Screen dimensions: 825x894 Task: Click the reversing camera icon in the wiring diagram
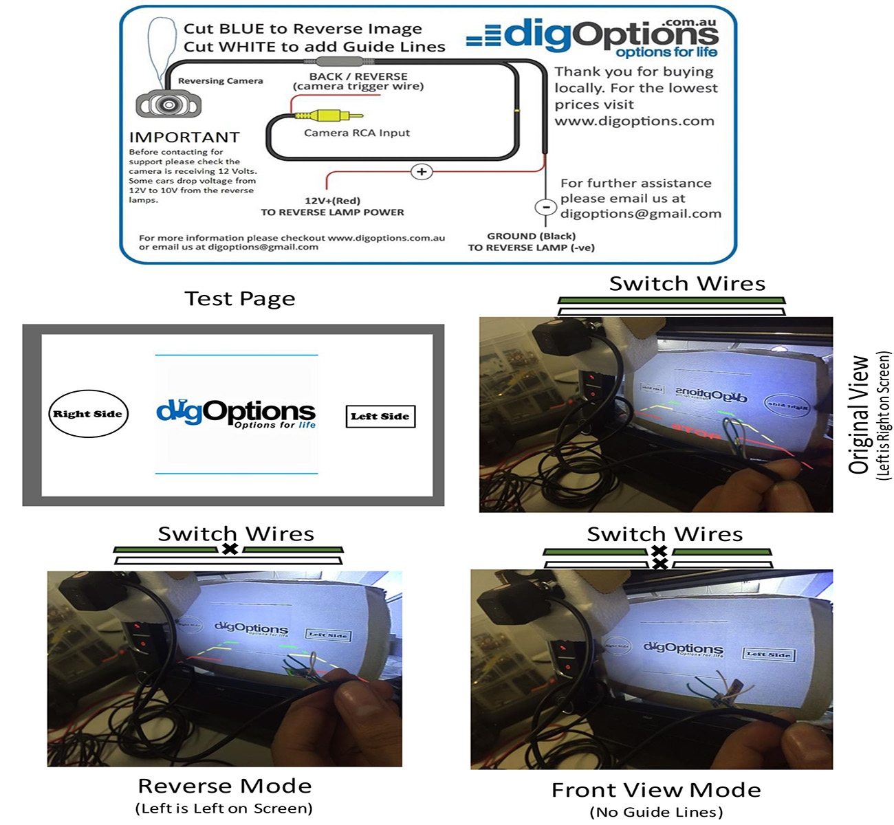(x=168, y=104)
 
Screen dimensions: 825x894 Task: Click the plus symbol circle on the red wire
(x=422, y=171)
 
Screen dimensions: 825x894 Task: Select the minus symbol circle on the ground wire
(x=545, y=207)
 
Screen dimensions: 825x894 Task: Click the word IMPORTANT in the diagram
(x=184, y=137)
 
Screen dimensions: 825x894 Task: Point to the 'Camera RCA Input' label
(x=357, y=133)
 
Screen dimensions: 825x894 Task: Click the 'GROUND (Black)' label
(x=531, y=236)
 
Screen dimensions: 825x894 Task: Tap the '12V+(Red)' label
(x=332, y=201)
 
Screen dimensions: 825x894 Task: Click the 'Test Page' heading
(x=240, y=298)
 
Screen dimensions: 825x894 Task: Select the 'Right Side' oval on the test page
(x=88, y=414)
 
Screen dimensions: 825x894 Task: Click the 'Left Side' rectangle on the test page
(x=380, y=416)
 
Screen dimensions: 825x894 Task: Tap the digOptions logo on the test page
(x=236, y=412)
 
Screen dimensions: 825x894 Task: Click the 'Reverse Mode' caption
(x=225, y=786)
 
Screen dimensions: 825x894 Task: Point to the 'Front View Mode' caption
(x=656, y=790)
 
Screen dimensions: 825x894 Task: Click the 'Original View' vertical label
(x=860, y=415)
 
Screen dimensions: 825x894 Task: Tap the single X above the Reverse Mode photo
(x=230, y=549)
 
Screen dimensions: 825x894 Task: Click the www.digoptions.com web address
(x=634, y=121)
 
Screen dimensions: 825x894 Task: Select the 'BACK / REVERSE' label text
(x=358, y=76)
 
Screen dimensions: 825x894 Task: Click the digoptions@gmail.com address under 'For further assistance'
(x=641, y=214)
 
